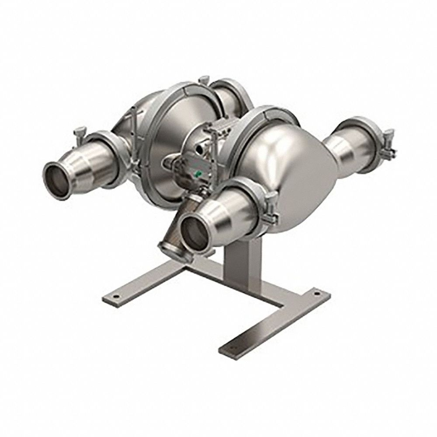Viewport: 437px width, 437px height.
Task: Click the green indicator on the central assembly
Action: [198, 174]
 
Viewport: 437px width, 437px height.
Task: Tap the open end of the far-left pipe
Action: [58, 180]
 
